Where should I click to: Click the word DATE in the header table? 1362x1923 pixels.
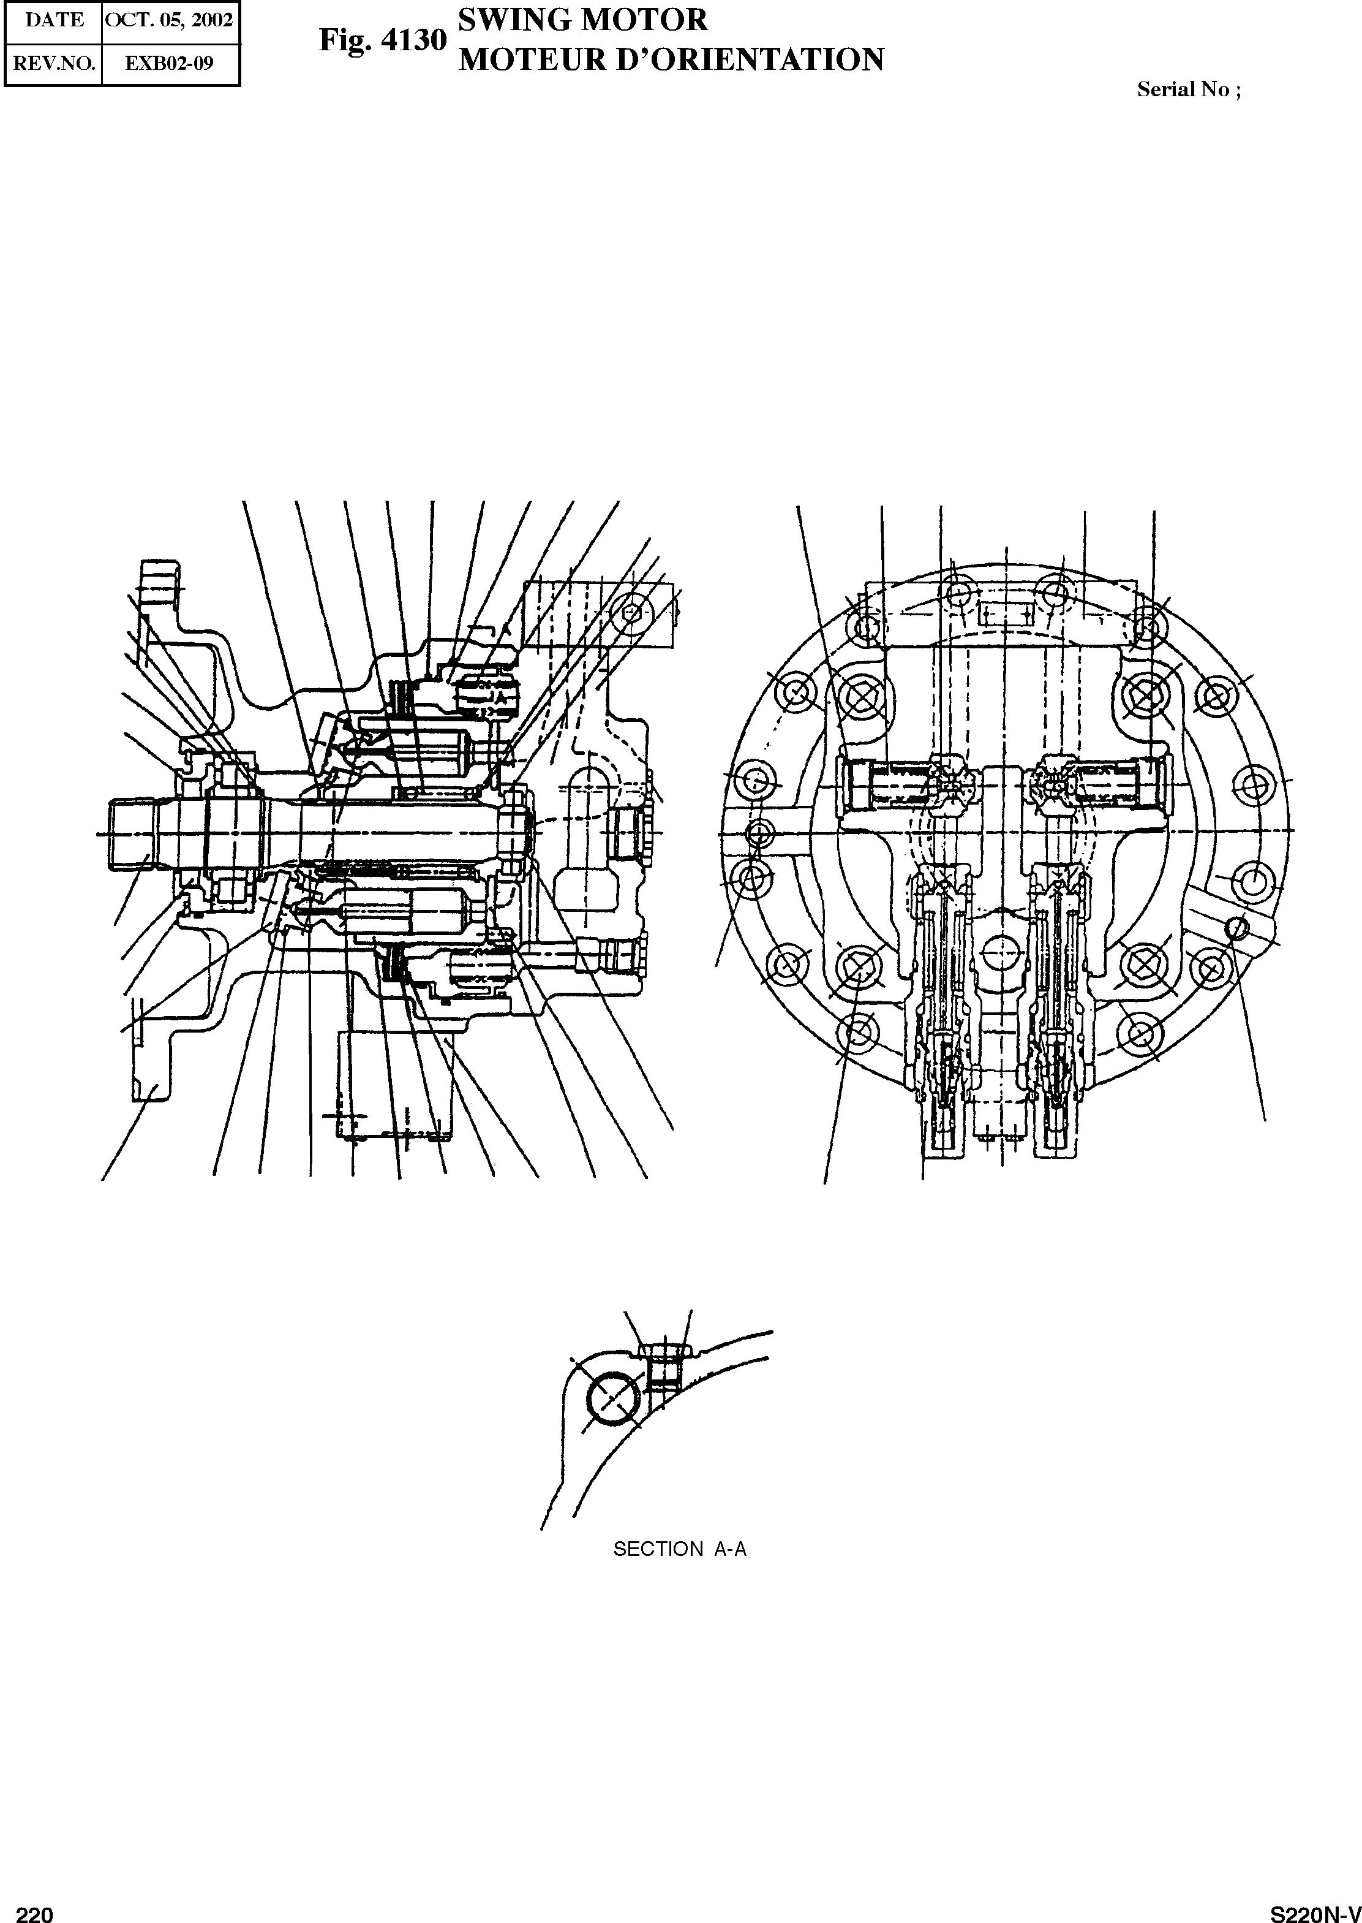(55, 20)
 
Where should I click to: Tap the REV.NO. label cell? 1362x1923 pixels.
(55, 63)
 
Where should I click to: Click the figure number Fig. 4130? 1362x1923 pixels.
(382, 40)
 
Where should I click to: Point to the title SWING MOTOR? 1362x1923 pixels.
(583, 20)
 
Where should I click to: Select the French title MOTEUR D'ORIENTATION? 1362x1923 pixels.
(671, 59)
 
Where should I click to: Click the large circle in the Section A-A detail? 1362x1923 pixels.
(615, 1398)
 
